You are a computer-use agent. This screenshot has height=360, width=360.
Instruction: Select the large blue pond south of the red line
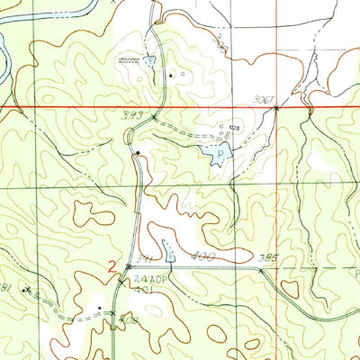[x=219, y=156]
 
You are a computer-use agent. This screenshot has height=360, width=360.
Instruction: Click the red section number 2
[x=111, y=266]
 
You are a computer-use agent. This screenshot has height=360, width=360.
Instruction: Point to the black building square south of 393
[x=137, y=154]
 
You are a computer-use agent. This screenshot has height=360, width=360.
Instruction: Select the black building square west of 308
[x=99, y=308]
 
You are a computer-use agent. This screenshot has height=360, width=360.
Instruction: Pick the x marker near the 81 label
[x=28, y=290]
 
